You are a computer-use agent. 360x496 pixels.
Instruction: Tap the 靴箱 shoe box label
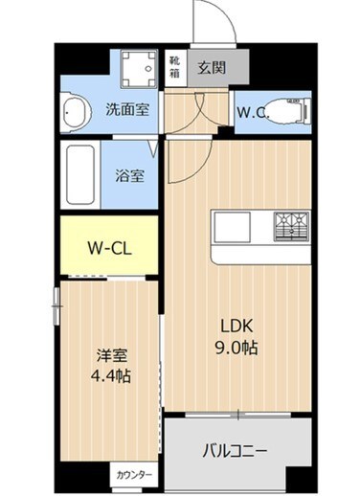[174, 68]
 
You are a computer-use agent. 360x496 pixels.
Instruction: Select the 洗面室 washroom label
[128, 110]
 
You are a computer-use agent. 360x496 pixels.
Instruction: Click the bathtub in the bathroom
[80, 174]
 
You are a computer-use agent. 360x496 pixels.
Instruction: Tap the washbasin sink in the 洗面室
[73, 113]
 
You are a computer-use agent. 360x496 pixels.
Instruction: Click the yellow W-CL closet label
[109, 248]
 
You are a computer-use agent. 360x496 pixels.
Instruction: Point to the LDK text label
[237, 326]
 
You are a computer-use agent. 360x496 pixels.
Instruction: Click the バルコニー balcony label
[236, 451]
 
